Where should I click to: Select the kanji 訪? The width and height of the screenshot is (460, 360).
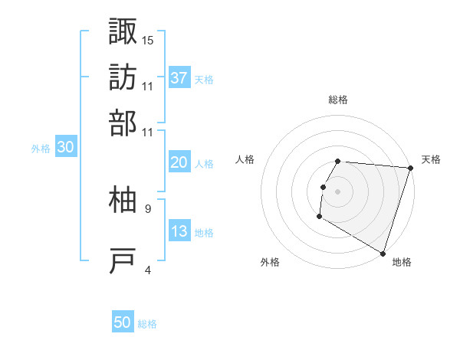pos(123,77)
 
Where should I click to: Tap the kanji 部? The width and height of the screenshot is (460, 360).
pos(123,123)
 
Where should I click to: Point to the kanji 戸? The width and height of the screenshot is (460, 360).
pos(123,261)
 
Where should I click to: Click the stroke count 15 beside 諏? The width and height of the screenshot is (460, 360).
pos(148,40)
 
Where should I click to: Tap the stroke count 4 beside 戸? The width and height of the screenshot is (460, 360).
pos(148,270)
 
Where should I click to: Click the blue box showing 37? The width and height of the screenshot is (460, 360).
pos(179,77)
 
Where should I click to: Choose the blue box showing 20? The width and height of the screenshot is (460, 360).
pos(179,162)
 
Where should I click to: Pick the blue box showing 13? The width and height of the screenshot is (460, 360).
pos(179,231)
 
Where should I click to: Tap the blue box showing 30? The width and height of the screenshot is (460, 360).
pos(65,148)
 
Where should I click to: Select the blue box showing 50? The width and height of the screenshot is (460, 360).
pos(123,322)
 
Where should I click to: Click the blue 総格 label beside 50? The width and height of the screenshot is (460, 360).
pos(147,324)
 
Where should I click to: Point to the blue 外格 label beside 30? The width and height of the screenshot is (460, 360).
pos(41,149)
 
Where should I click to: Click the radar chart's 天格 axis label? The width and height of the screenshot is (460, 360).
pos(431,160)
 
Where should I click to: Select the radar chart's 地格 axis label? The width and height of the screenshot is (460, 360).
pos(402,263)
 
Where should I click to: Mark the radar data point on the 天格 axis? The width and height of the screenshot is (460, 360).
pos(410,168)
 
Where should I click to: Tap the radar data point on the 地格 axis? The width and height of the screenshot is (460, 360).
pos(383,253)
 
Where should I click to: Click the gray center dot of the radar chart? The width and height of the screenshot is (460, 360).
pos(338,191)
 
